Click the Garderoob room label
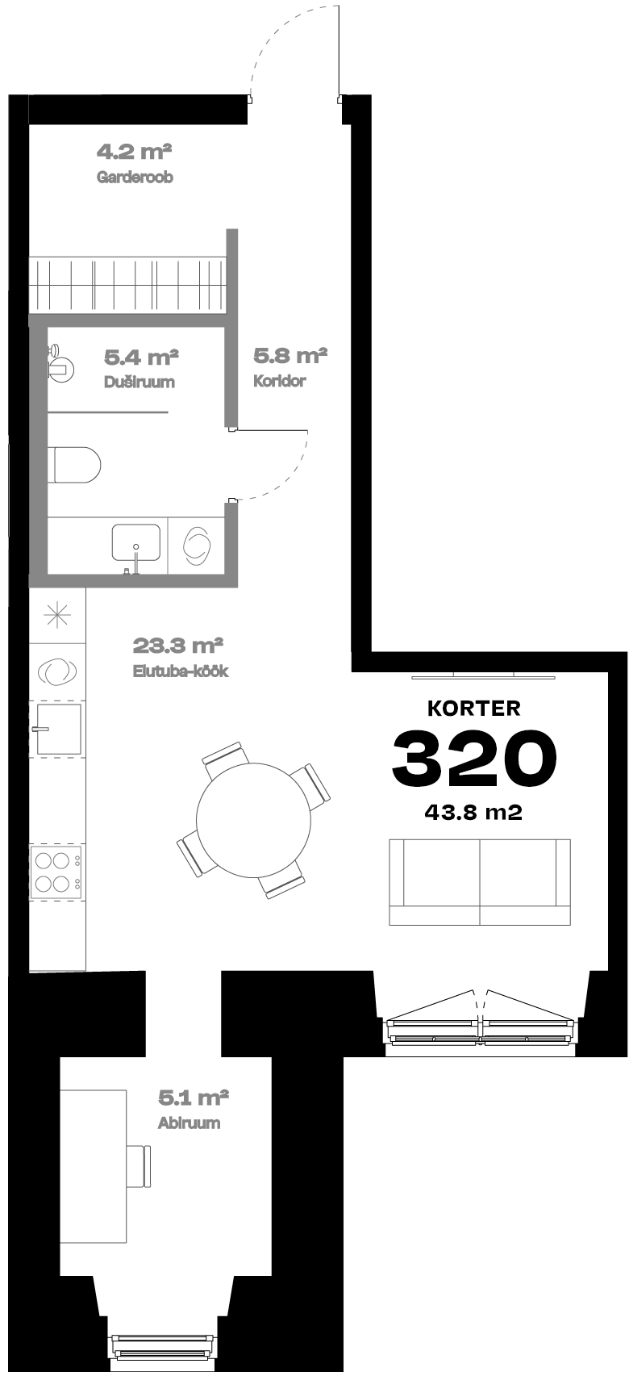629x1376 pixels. click(135, 177)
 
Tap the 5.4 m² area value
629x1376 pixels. click(141, 357)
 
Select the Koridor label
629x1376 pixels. click(280, 381)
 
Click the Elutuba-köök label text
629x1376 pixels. click(181, 671)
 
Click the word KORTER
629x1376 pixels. click(473, 709)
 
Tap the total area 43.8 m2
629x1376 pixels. click(473, 813)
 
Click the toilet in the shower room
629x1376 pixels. click(77, 464)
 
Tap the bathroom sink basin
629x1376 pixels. click(135, 542)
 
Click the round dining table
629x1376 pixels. click(253, 821)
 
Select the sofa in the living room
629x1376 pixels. click(480, 882)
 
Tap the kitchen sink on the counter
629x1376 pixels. click(58, 729)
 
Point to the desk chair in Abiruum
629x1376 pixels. click(140, 1166)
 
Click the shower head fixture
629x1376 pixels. click(60, 363)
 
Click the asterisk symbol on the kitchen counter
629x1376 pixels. click(58, 614)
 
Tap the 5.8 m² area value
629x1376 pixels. click(290, 355)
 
